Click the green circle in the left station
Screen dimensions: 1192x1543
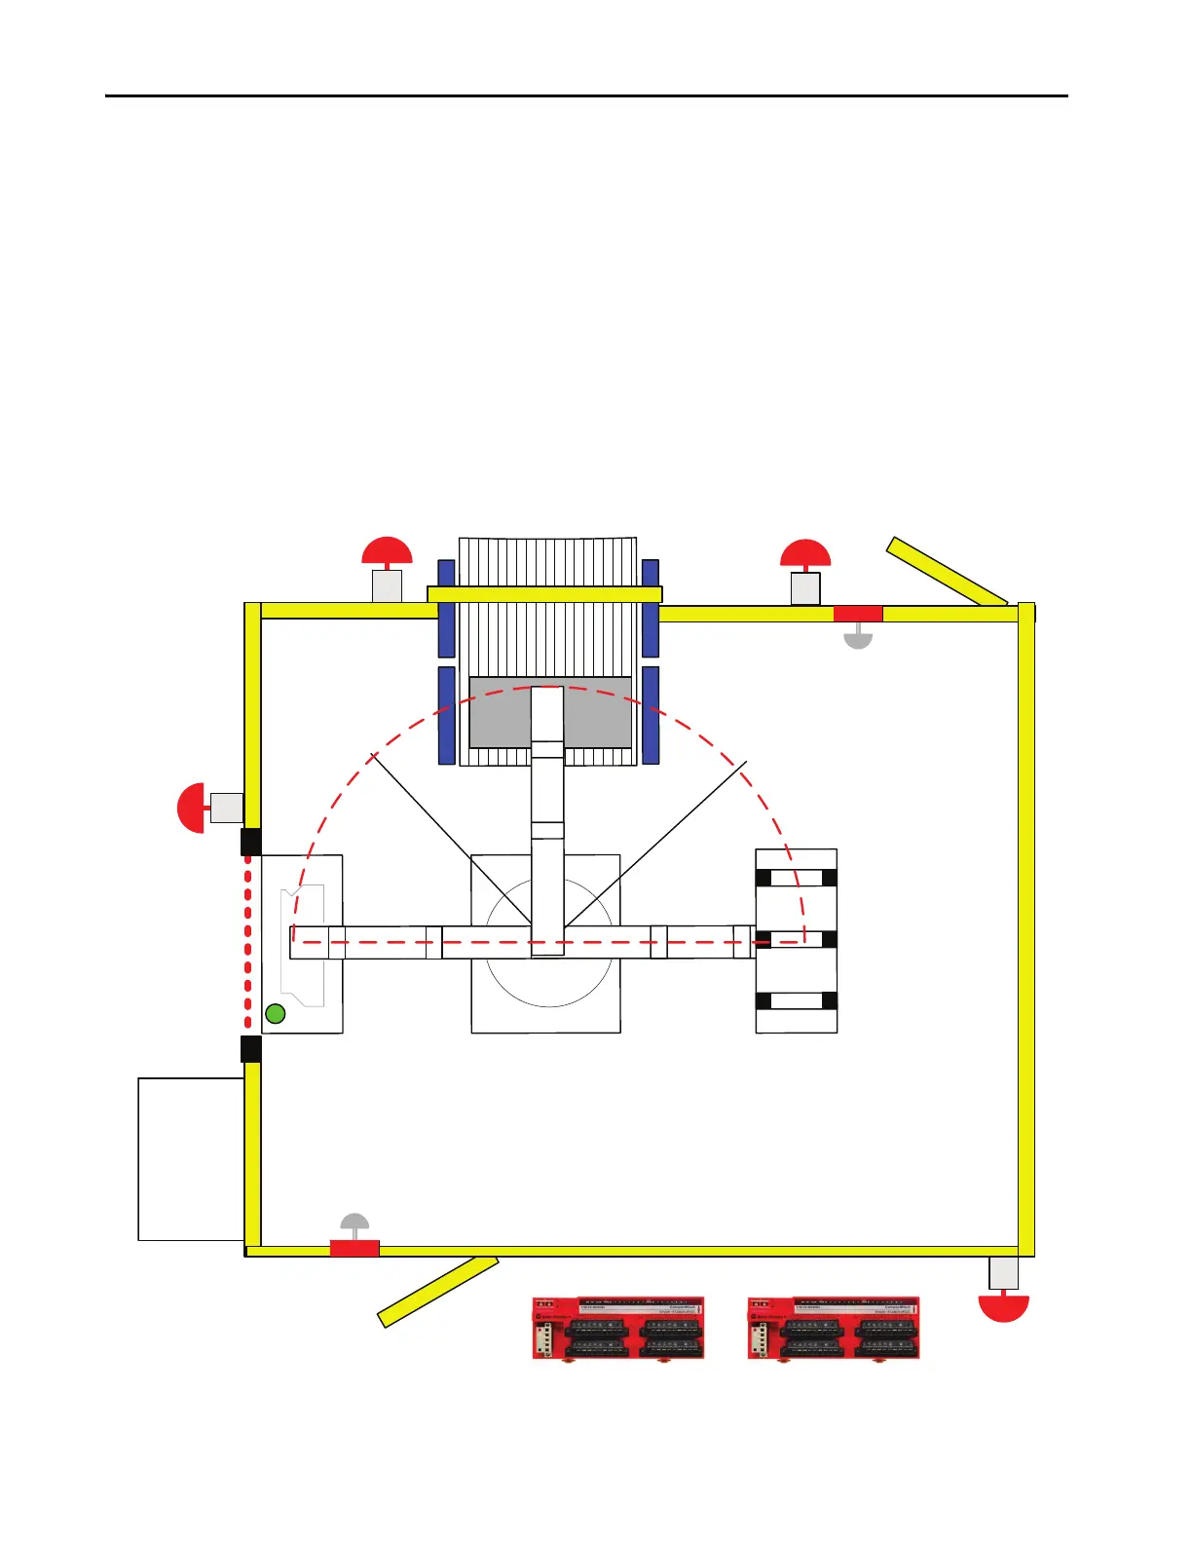coord(276,1014)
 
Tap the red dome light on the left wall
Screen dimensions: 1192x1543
coord(192,808)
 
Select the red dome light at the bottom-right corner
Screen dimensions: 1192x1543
coord(1003,1306)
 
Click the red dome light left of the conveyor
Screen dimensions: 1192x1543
coord(388,551)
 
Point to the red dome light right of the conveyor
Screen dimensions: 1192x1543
coord(805,553)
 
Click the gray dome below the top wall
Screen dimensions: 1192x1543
coord(857,637)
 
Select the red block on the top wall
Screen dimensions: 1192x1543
coord(858,614)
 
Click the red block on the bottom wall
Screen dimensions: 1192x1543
coord(354,1249)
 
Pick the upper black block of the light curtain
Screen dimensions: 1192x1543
coord(250,842)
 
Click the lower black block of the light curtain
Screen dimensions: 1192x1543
coord(250,1049)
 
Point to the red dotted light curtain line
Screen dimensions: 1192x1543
coord(248,945)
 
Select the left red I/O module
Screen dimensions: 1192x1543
coord(618,1328)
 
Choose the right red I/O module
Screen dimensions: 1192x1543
coord(834,1328)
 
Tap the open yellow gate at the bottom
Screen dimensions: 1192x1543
coord(438,1292)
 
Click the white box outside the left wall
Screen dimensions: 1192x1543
coord(191,1158)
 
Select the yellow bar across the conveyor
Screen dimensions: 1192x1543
coord(544,594)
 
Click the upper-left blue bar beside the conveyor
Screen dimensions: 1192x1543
coord(446,608)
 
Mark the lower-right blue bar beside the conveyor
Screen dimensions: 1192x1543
coord(651,715)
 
